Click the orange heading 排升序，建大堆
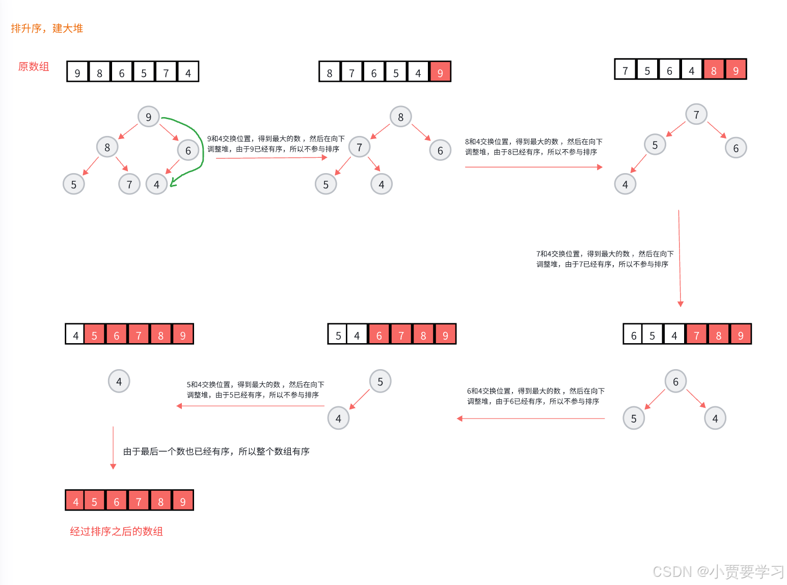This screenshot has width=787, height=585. pyautogui.click(x=46, y=29)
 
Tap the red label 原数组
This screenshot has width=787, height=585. pyautogui.click(x=34, y=67)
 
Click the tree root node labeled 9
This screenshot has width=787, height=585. pyautogui.click(x=148, y=117)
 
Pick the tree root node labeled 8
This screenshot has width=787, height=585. pyautogui.click(x=400, y=117)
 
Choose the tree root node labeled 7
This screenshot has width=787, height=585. pyautogui.click(x=696, y=115)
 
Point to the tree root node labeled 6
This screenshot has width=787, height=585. pyautogui.click(x=675, y=381)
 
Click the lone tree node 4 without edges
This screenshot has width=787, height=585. pyautogui.click(x=119, y=381)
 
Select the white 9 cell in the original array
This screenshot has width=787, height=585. pyautogui.click(x=77, y=72)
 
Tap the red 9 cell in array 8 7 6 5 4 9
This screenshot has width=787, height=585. pyautogui.click(x=440, y=72)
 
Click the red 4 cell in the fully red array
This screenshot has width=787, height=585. pyautogui.click(x=75, y=501)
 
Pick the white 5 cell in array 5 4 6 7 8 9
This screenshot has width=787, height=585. pyautogui.click(x=338, y=335)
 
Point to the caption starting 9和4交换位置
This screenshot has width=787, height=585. pyautogui.click(x=276, y=144)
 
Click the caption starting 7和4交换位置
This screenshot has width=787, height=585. pyautogui.click(x=605, y=259)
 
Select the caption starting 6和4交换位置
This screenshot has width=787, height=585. pyautogui.click(x=535, y=396)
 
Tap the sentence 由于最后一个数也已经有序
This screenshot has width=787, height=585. pyautogui.click(x=216, y=451)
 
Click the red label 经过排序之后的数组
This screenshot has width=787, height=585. pyautogui.click(x=116, y=531)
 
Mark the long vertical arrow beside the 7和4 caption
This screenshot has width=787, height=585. pyautogui.click(x=680, y=257)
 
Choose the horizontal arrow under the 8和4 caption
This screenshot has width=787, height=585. pyautogui.click(x=533, y=167)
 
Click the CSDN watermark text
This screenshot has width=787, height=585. pyautogui.click(x=718, y=571)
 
